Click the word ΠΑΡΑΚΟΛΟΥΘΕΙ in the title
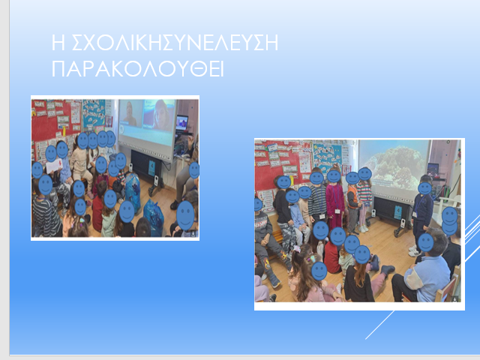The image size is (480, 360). point(138,68)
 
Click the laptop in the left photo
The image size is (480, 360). point(181,123)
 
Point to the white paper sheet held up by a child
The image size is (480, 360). point(54,166)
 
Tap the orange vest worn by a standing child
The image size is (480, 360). point(353,196)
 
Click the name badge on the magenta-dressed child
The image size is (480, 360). point(337,211)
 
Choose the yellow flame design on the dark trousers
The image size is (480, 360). point(283,255)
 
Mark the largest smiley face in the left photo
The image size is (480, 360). point(185,215)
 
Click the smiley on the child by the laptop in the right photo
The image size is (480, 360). point(425,188)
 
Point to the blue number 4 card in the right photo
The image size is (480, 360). point(397,212)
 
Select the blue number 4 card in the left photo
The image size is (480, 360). point(151,168)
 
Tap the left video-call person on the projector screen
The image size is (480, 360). point(130,113)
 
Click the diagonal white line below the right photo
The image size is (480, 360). point(380,325)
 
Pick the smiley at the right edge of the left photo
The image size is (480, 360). point(194,170)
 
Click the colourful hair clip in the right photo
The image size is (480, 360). point(310,259)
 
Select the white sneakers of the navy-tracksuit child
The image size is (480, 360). point(413,251)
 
